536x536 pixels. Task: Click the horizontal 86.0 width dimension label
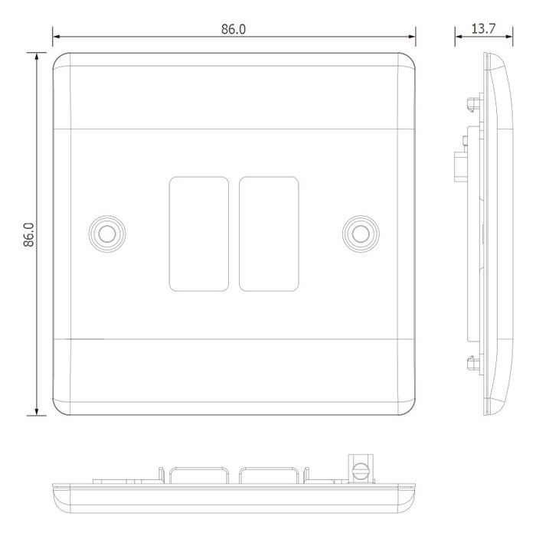(x=234, y=29)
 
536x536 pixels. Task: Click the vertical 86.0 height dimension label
(x=29, y=234)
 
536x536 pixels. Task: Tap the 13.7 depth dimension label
(x=483, y=29)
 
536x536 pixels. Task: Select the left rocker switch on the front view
(x=199, y=234)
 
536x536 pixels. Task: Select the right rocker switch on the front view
(x=269, y=234)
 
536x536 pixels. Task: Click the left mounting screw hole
(x=107, y=234)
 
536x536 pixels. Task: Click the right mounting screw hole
(x=361, y=234)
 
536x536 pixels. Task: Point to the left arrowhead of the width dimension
(x=57, y=36)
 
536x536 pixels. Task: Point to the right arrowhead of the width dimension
(x=412, y=36)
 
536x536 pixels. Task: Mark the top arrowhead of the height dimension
(x=36, y=57)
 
